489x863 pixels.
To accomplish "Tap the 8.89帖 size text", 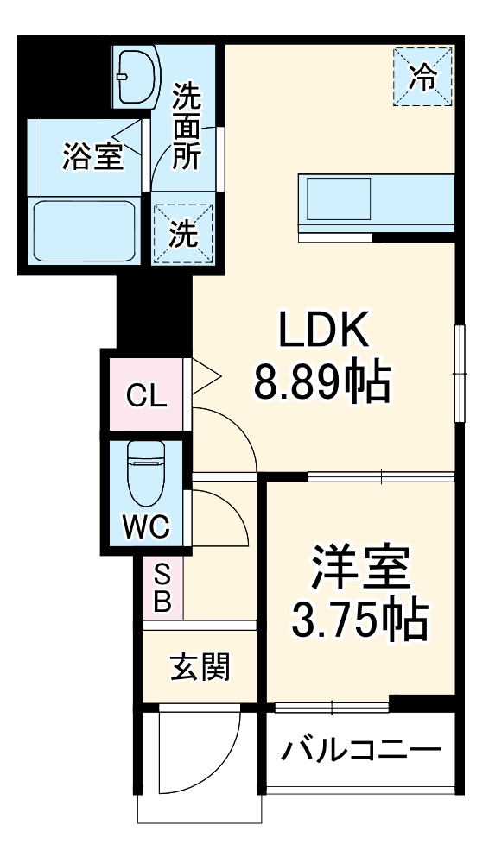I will click(321, 381).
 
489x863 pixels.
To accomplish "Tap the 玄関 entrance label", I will click(200, 666).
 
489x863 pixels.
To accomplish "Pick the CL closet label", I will click(146, 396).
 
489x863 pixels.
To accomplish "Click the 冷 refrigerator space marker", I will click(423, 78).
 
